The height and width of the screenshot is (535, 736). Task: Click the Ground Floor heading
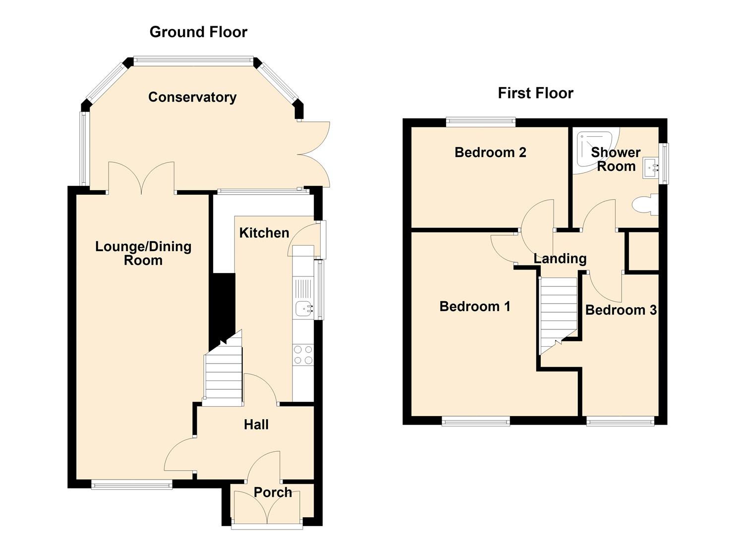click(x=198, y=32)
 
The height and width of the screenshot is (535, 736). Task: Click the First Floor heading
click(x=536, y=93)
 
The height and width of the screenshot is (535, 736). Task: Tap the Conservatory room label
click(x=192, y=97)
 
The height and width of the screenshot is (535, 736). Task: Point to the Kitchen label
click(x=264, y=233)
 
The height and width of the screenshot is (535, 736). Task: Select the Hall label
click(x=256, y=425)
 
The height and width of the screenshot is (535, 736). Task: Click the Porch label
click(x=273, y=492)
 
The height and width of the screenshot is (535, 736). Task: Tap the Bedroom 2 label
click(x=490, y=153)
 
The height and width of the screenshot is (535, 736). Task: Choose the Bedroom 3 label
click(x=621, y=310)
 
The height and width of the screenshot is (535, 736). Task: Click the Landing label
click(x=560, y=259)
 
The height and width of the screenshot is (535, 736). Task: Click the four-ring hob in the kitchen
click(x=303, y=355)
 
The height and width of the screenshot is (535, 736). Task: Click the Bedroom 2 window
click(x=481, y=122)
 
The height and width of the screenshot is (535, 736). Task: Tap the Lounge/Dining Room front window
click(x=132, y=484)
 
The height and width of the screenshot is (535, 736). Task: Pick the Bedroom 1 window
click(x=476, y=421)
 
